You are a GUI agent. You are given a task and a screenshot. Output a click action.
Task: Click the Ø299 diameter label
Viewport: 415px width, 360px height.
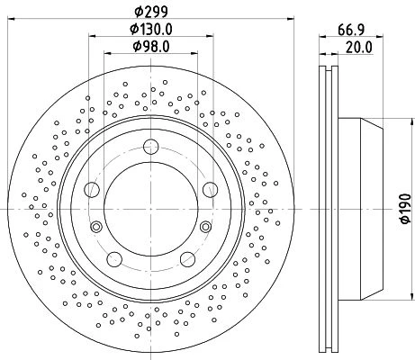[151, 12]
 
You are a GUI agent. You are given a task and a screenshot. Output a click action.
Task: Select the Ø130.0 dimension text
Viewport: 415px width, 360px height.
[151, 29]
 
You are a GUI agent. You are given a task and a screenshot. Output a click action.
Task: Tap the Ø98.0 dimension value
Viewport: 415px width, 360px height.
[151, 47]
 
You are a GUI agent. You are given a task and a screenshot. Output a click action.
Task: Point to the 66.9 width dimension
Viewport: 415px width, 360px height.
[351, 30]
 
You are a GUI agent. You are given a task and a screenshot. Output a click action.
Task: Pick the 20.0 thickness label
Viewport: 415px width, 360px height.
[359, 48]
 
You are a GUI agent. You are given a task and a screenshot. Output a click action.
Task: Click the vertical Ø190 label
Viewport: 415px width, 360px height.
[405, 209]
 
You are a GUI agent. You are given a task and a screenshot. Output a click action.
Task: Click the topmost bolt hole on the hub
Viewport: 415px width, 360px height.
[150, 147]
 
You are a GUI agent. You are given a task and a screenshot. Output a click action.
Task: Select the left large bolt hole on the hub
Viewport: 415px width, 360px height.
[92, 190]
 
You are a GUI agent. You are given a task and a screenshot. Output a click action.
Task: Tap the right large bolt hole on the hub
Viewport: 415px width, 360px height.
[210, 190]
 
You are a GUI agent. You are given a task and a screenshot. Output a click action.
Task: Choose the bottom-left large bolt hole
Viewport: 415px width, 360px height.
[114, 259]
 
